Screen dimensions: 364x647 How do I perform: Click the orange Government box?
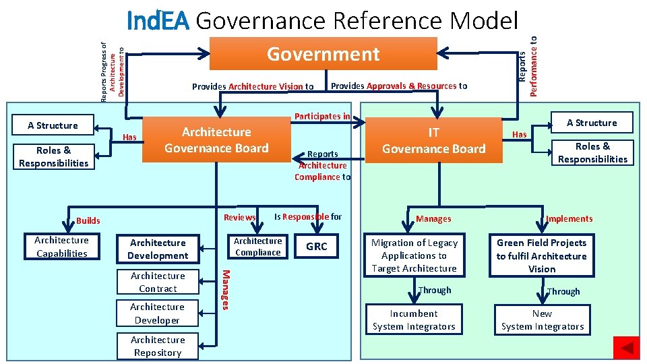pos(323,54)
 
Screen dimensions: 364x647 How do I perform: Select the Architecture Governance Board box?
pos(216,140)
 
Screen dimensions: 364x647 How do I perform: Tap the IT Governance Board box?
pos(434,140)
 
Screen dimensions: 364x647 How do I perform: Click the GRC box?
pos(317,247)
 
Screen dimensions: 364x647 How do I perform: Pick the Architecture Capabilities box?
pos(61,247)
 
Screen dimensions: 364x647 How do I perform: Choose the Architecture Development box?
pos(158,249)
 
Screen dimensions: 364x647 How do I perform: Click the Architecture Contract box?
pos(158,282)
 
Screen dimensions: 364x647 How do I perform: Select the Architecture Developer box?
pos(157,313)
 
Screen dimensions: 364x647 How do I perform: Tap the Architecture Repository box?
pos(157,346)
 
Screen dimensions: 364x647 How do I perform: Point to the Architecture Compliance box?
pos(257,247)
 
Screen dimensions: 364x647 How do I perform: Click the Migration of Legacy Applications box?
pos(414,255)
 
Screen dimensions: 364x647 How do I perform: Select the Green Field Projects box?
pos(542,255)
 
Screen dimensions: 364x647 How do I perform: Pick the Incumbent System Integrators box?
pos(414,320)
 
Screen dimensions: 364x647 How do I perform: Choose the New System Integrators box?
pos(542,320)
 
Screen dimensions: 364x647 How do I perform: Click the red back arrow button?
pos(626,348)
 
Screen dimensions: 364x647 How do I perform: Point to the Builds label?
pos(88,220)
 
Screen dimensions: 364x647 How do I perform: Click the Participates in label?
pos(322,116)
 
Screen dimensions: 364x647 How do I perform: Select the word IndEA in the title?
pos(158,21)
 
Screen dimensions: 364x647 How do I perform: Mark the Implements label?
pos(569,218)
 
